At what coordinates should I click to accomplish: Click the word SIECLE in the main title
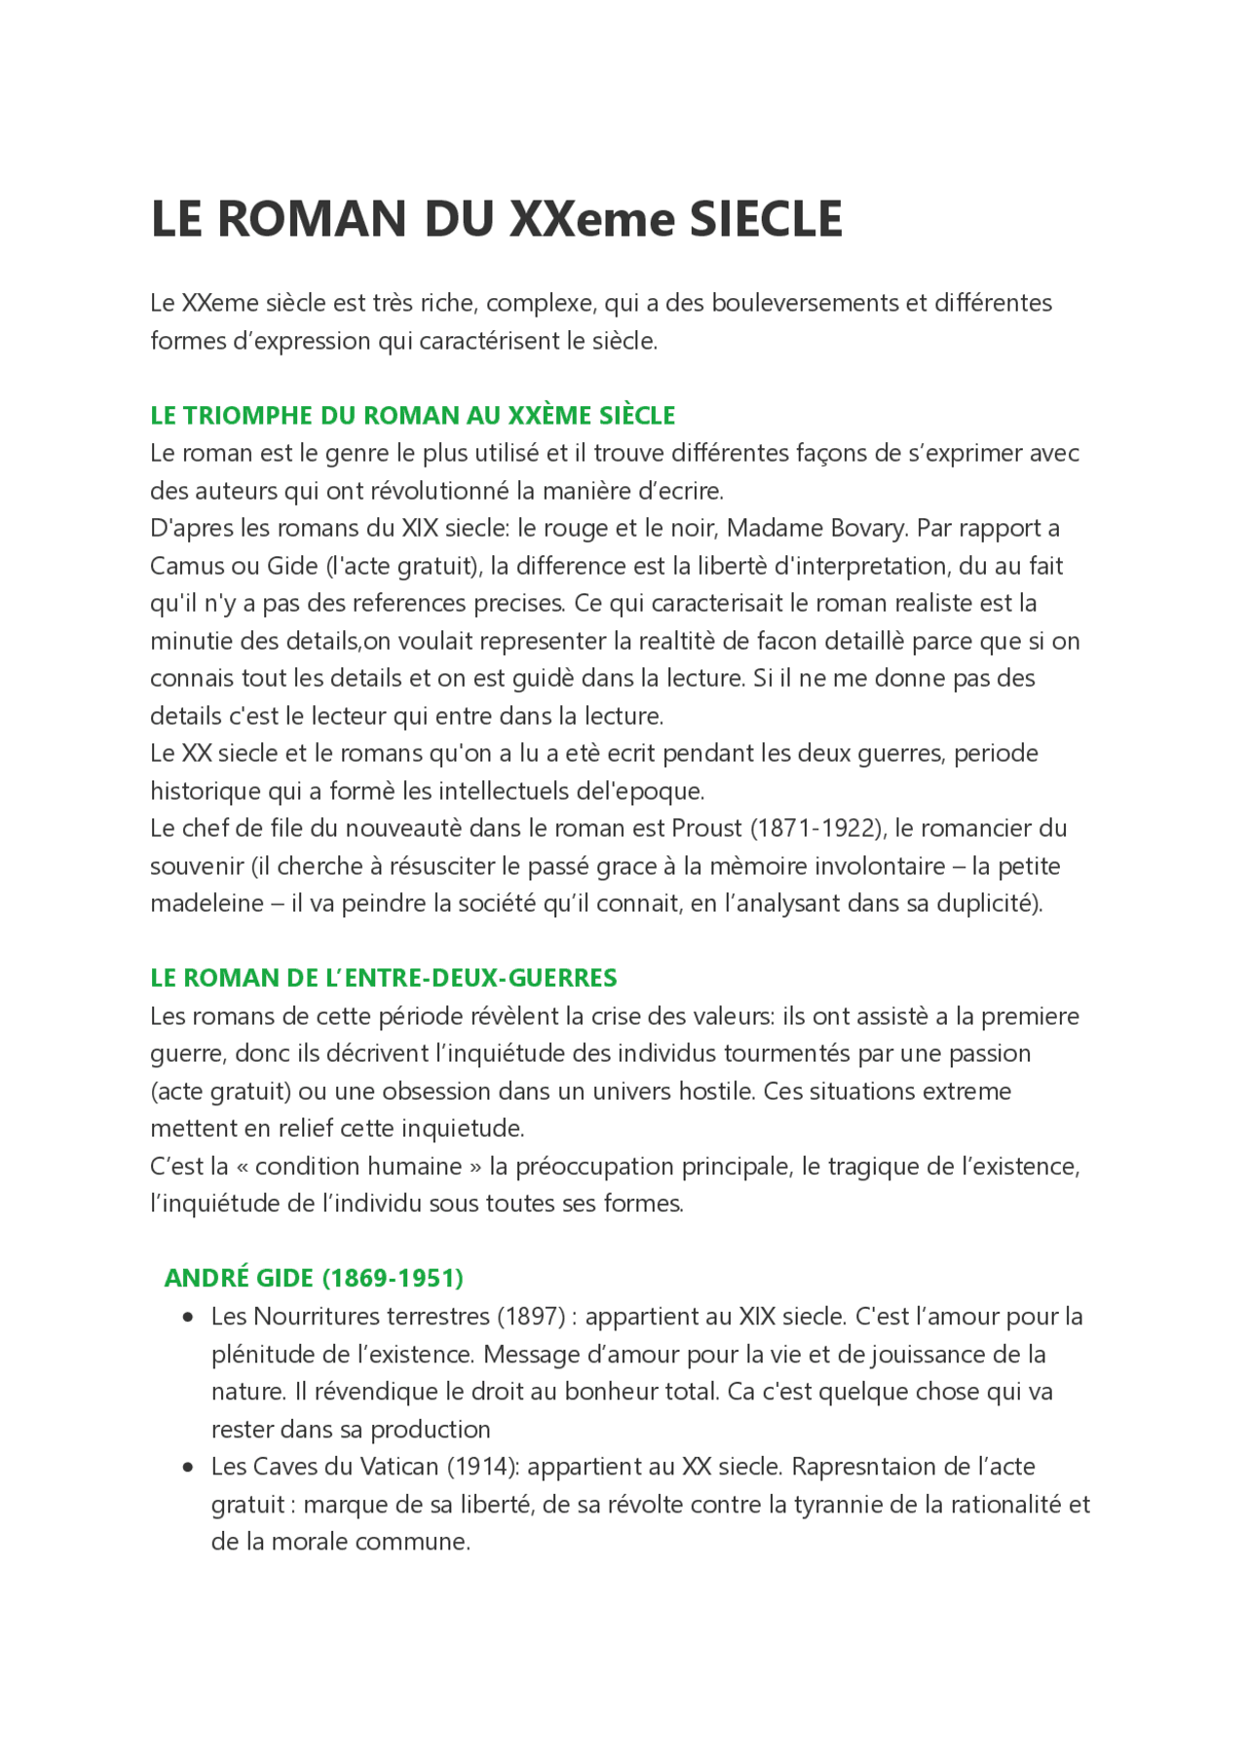(x=766, y=219)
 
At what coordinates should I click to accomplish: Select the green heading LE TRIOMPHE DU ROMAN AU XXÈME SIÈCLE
(x=412, y=416)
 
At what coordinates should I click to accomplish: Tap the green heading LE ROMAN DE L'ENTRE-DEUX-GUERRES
(x=384, y=978)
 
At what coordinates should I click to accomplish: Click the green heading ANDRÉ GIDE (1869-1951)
(x=314, y=1278)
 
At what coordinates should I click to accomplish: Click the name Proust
(x=706, y=829)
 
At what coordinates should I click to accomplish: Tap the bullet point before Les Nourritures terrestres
(x=188, y=1317)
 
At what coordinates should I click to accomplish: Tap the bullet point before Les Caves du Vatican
(x=188, y=1467)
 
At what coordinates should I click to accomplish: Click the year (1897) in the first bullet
(x=532, y=1317)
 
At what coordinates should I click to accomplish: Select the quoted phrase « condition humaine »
(x=359, y=1167)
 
